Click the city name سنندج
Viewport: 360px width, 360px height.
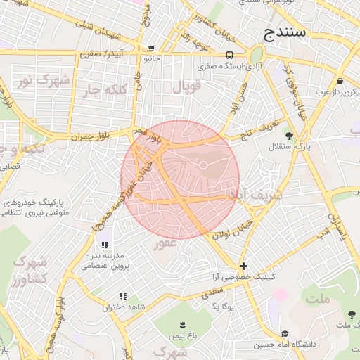click(284, 32)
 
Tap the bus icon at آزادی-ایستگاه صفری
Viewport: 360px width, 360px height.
click(230, 55)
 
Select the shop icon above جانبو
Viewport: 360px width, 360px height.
click(152, 49)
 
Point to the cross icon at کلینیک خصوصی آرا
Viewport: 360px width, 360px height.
click(243, 266)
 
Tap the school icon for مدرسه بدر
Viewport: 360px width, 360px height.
click(105, 245)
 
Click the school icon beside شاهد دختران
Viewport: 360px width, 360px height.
click(123, 297)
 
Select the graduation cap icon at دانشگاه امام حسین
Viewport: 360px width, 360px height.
click(285, 334)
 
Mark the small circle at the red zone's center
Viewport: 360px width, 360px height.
click(202, 165)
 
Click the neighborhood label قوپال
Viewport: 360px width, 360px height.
click(187, 88)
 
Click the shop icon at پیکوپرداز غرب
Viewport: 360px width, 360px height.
click(340, 81)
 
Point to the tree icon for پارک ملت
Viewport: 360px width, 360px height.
click(352, 313)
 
